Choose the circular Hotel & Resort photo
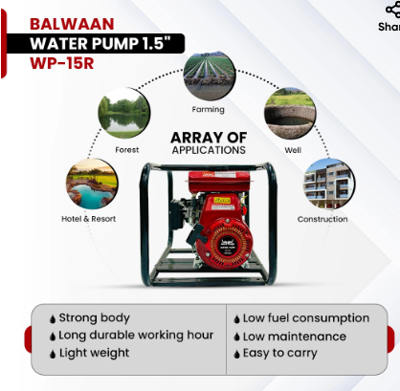click(92, 185)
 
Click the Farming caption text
click(208, 110)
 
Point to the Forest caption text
click(127, 149)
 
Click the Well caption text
click(293, 149)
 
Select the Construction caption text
click(322, 219)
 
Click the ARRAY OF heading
click(209, 137)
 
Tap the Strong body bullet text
click(94, 318)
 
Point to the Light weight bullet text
click(95, 354)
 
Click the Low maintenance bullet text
click(294, 337)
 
